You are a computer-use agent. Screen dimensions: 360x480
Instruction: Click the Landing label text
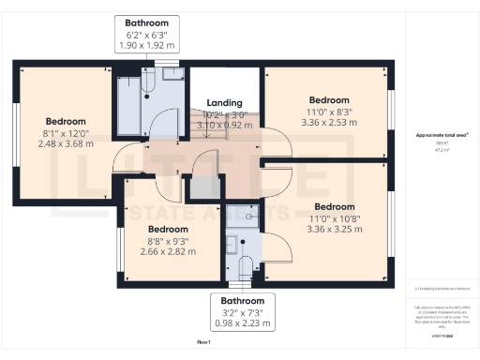point(224,103)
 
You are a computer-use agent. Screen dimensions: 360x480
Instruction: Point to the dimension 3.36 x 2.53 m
point(328,121)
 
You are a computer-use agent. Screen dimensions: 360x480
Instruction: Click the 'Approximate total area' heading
point(442,135)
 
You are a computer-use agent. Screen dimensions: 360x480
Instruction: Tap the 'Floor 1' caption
point(203,344)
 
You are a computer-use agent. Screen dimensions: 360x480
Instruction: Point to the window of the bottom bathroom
point(241,283)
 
